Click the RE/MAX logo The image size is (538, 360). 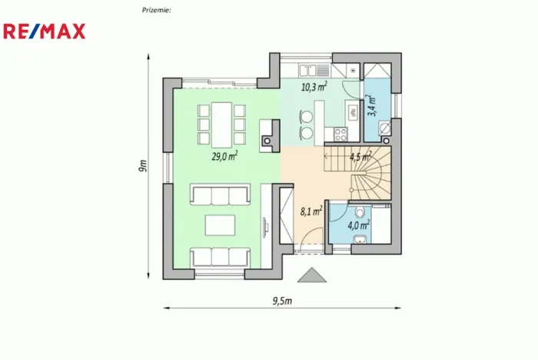(45, 31)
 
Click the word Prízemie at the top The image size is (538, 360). (157, 10)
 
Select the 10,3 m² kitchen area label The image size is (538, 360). (314, 87)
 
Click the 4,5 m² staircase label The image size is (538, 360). (360, 157)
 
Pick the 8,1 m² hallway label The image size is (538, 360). (311, 210)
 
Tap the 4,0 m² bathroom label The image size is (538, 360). (358, 225)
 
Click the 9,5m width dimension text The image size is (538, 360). (282, 300)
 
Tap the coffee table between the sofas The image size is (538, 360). (221, 225)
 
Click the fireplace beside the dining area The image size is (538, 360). (268, 141)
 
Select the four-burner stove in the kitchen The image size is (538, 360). (340, 136)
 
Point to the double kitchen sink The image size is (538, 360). (352, 112)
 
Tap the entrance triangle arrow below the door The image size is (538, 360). (311, 275)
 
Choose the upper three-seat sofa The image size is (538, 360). (221, 195)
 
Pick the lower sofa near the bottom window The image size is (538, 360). (221, 256)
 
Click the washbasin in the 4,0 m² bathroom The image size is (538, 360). (358, 242)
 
